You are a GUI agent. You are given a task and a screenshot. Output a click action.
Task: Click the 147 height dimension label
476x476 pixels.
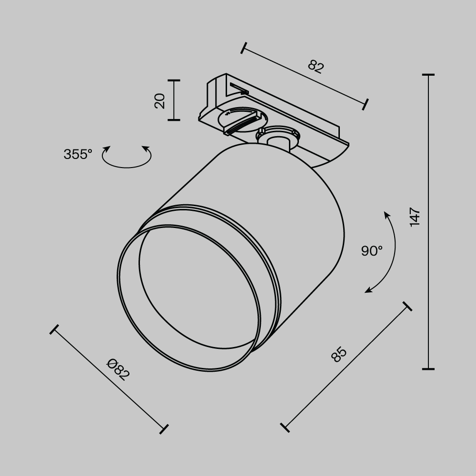pos(415,217)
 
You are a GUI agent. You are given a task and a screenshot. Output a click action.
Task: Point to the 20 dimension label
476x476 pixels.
pos(160,100)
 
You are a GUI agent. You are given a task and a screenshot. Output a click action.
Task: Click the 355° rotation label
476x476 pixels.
pos(78,154)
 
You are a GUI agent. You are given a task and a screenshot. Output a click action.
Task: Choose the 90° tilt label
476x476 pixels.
pos(371,251)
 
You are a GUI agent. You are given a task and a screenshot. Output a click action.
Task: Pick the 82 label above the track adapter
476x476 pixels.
pos(316,66)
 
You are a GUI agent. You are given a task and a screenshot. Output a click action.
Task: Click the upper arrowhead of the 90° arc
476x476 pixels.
pos(387,215)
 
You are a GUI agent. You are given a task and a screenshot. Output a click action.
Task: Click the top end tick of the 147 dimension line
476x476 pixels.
pos(428,75)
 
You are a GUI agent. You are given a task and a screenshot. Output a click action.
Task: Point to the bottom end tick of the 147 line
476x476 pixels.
pos(428,368)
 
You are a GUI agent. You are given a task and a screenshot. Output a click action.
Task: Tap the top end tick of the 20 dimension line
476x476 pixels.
pos(174,80)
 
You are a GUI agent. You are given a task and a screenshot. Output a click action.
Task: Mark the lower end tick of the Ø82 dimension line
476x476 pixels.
pos(163,429)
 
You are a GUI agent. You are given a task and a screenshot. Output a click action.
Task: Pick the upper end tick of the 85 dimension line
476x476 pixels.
pos(407,306)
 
